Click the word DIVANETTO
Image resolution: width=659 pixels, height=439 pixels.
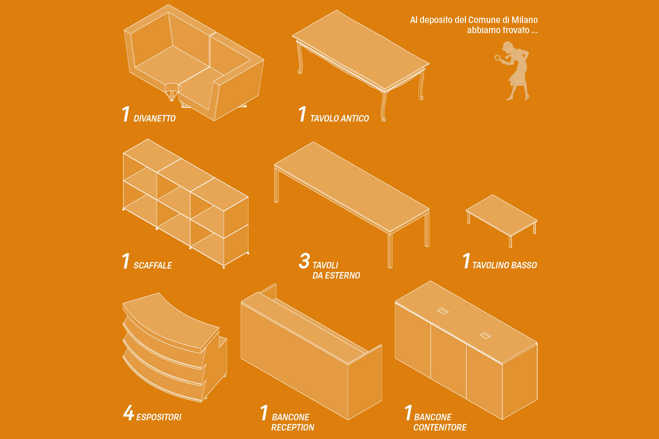coord(155,119)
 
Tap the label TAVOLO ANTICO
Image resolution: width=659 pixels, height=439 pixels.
coord(340,119)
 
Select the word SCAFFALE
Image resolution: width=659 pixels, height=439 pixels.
coord(153,266)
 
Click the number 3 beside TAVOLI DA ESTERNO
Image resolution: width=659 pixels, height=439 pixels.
coord(304,261)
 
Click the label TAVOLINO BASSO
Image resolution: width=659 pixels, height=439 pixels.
coord(504,265)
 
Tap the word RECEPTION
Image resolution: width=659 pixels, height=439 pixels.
coord(293,427)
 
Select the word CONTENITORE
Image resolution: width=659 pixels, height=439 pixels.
coord(440,427)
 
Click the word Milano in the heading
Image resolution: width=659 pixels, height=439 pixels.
coord(525,20)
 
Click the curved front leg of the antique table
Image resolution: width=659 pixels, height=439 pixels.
coord(384,106)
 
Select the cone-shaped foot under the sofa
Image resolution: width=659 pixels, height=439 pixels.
coord(172,92)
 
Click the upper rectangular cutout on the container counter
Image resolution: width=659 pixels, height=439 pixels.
coord(443,311)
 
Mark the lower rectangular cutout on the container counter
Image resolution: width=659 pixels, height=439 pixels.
coord(485,335)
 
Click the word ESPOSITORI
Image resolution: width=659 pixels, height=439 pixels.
coord(159,417)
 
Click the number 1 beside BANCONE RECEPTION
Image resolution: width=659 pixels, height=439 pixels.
coord(264,413)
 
